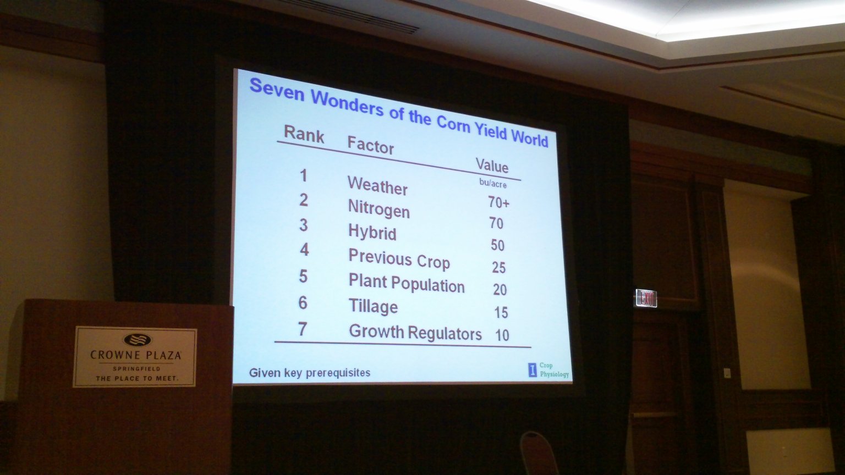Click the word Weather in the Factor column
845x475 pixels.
[x=377, y=185]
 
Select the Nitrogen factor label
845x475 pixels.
[x=378, y=208]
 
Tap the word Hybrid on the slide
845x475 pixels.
[x=372, y=232]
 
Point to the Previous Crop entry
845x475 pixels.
[x=399, y=259]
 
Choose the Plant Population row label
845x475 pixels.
[x=407, y=284]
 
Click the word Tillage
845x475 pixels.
[x=373, y=306]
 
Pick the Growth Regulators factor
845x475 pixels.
[x=415, y=333]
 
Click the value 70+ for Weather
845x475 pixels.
[x=498, y=202]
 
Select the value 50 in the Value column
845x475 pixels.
[x=497, y=245]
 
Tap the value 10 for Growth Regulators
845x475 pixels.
[x=502, y=335]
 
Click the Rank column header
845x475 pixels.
[x=304, y=134]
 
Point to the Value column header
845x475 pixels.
[x=492, y=165]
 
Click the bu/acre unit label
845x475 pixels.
[x=493, y=183]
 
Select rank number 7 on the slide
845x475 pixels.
[x=303, y=329]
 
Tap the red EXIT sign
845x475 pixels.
[x=646, y=298]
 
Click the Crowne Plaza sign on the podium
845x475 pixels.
[x=135, y=357]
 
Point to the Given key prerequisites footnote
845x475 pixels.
[x=310, y=373]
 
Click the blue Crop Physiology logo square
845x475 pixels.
[x=533, y=370]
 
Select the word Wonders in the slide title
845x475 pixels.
[x=347, y=103]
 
